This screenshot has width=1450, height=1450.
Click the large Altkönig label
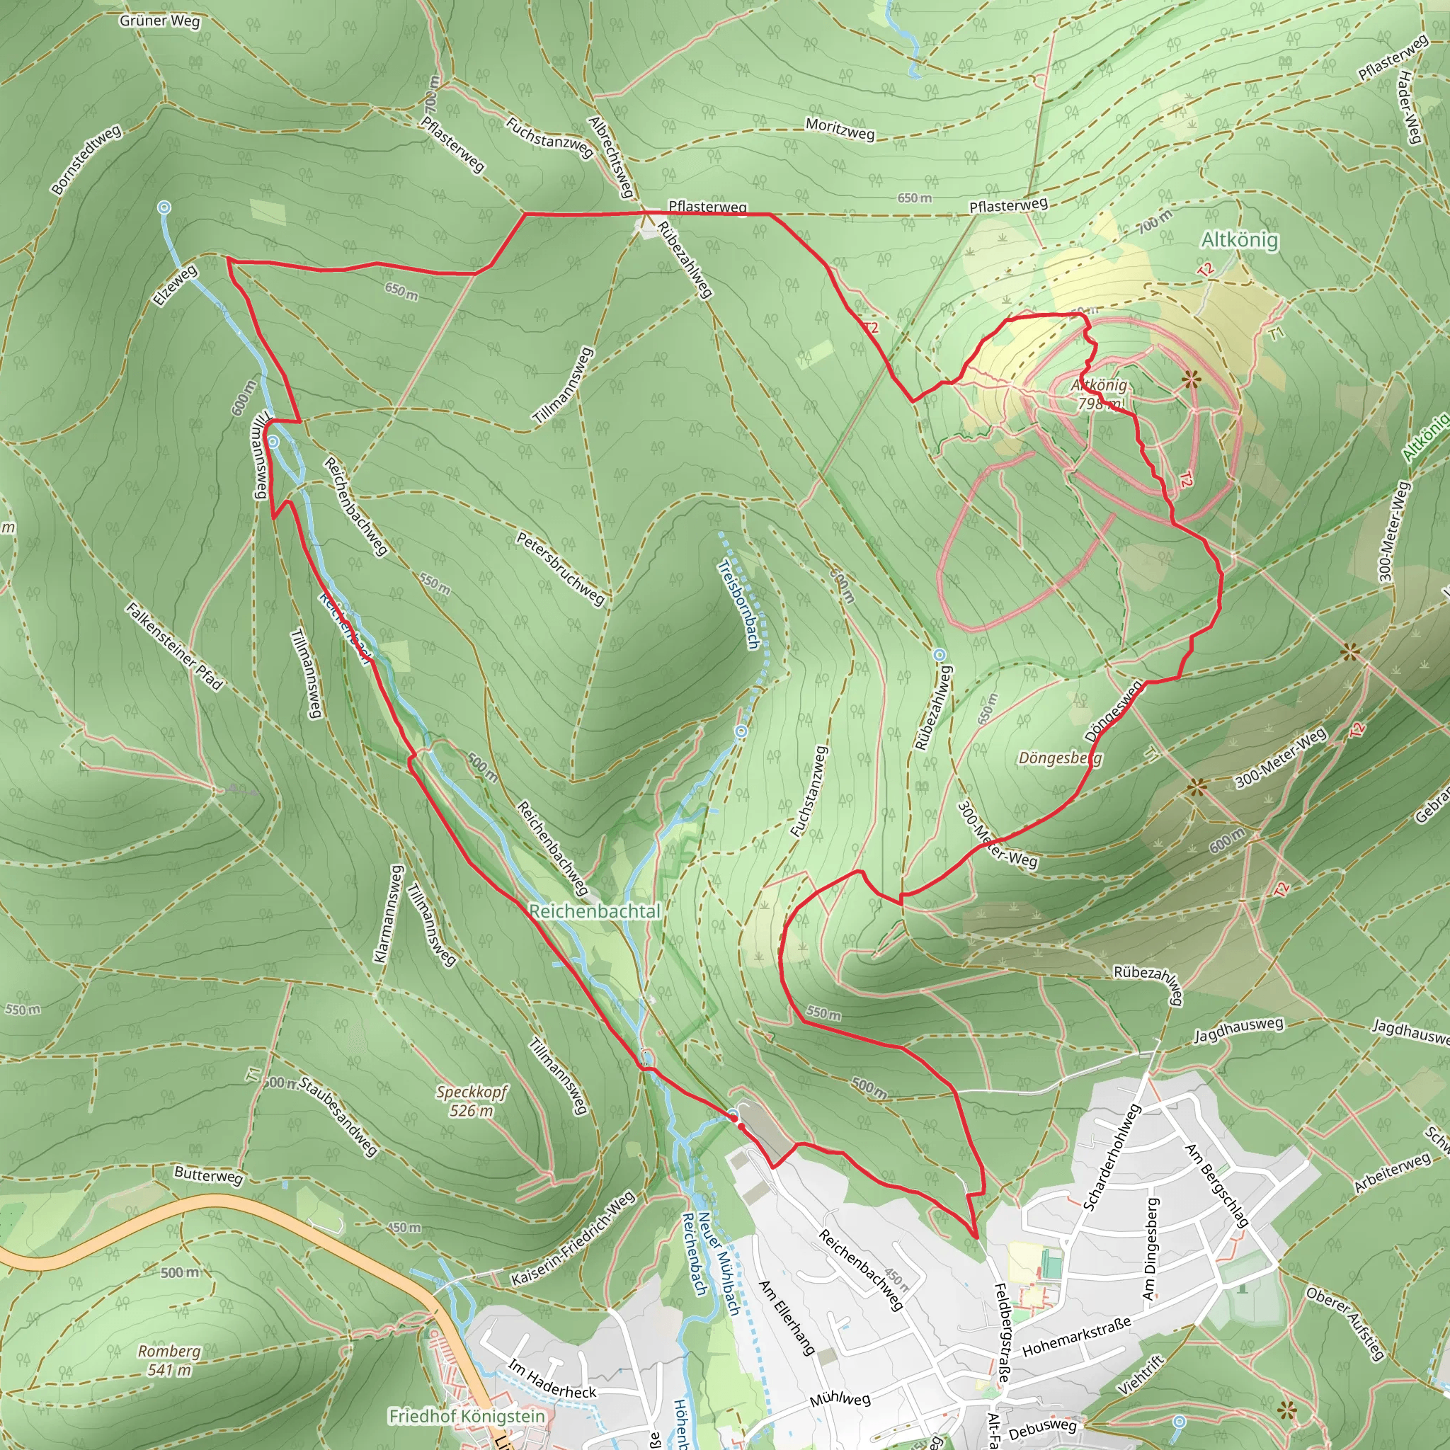(1239, 240)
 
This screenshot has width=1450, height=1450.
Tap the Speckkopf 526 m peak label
(472, 1101)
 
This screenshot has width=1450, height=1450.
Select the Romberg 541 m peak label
(170, 1360)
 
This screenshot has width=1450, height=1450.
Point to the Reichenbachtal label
(595, 911)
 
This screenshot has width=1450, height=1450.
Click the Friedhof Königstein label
(466, 1416)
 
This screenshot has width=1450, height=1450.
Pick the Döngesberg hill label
(1060, 758)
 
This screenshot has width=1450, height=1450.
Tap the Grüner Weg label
(160, 21)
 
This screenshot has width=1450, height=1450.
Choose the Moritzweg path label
(840, 129)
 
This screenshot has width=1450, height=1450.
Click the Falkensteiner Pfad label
(174, 646)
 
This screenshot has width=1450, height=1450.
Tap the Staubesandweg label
(338, 1117)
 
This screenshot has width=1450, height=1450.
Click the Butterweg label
(209, 1175)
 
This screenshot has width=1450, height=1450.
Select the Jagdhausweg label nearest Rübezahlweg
(1238, 1029)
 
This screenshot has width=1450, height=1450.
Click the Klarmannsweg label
(389, 913)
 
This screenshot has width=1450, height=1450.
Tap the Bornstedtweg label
(86, 160)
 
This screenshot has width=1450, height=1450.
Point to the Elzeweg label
(175, 285)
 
